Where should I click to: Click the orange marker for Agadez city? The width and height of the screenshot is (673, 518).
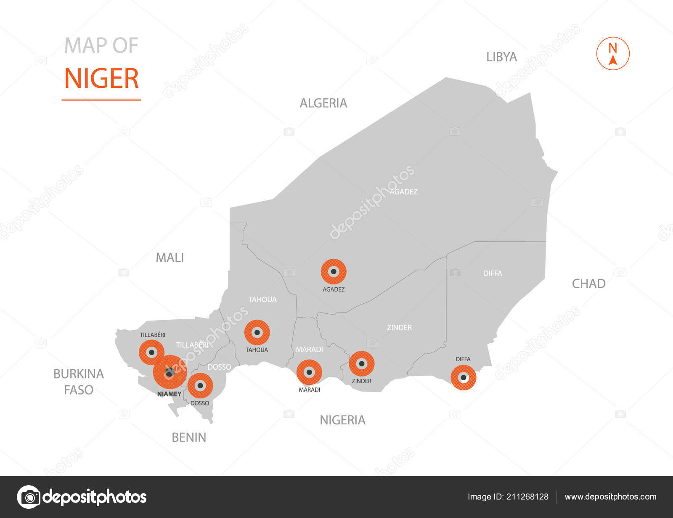pyautogui.click(x=334, y=271)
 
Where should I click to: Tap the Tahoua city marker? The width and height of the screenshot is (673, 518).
pyautogui.click(x=257, y=333)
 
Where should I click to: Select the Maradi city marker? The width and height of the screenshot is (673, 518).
pyautogui.click(x=309, y=372)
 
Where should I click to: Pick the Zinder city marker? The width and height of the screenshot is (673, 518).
pyautogui.click(x=362, y=363)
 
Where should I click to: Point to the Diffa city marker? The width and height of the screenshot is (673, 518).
pyautogui.click(x=463, y=378)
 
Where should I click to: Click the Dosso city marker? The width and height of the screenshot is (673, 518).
pyautogui.click(x=200, y=385)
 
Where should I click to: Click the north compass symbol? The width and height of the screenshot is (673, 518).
pyautogui.click(x=613, y=54)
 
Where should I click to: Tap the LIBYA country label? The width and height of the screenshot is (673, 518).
pyautogui.click(x=501, y=57)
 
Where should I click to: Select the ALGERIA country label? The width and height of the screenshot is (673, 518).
pyautogui.click(x=323, y=103)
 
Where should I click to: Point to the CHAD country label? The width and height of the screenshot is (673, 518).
pyautogui.click(x=588, y=284)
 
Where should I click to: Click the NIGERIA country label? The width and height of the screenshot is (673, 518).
pyautogui.click(x=342, y=420)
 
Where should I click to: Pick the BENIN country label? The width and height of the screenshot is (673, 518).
pyautogui.click(x=189, y=437)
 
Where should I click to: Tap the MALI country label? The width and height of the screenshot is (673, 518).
pyautogui.click(x=170, y=258)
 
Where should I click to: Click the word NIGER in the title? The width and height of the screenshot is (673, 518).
pyautogui.click(x=101, y=79)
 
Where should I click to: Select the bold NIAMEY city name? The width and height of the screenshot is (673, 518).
pyautogui.click(x=169, y=394)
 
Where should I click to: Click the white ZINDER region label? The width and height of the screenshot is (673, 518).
pyautogui.click(x=399, y=327)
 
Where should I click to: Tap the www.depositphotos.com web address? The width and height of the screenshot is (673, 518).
pyautogui.click(x=610, y=497)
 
